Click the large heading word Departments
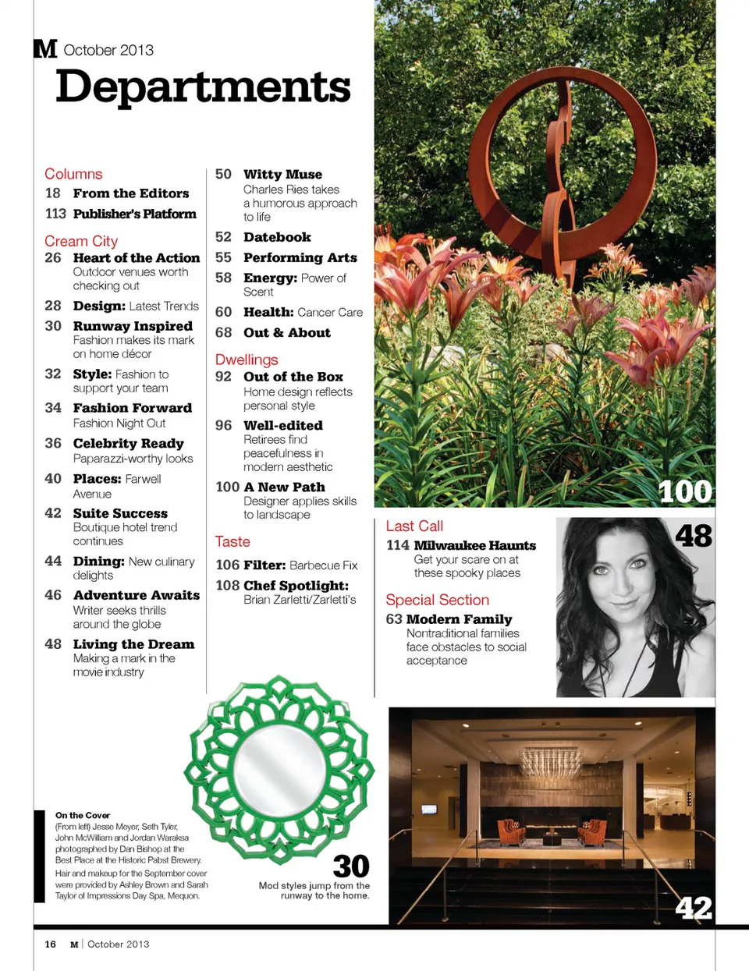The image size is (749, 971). pos(203,87)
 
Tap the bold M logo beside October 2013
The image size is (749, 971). pos(45,49)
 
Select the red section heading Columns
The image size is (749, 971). pos(73,174)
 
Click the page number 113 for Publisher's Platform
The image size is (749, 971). pos(55,214)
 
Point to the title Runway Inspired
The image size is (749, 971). pos(133,326)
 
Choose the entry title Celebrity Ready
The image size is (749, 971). pos(128,443)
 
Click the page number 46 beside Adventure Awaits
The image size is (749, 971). pos(53,595)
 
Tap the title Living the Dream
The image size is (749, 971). pos(133,644)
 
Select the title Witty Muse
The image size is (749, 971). pos(282,174)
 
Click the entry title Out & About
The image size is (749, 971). pos(286,332)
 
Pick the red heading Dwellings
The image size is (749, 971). pos(247,360)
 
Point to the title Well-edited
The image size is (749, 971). pos(282,425)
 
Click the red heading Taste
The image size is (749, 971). pos(233,541)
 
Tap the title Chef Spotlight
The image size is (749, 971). pos(296,585)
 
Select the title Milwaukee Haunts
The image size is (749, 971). pos(474,545)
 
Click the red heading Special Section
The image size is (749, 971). pos(437,600)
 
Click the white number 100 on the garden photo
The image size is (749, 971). pos(684,491)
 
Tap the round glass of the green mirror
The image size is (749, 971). pos(279,767)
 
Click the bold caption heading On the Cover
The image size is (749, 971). pos(83,815)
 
